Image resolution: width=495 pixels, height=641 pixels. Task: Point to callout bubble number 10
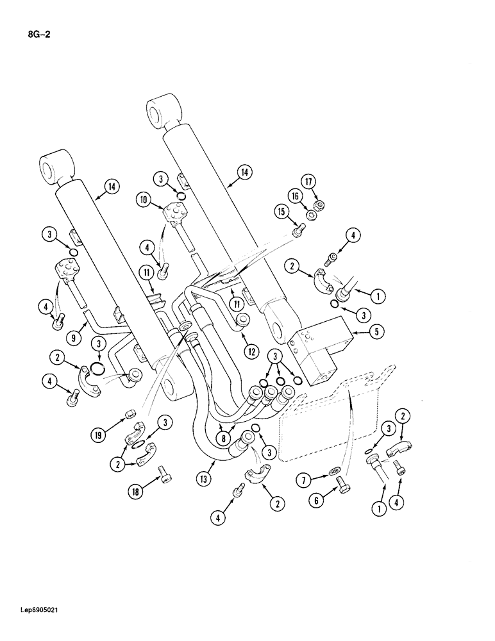[144, 201]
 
